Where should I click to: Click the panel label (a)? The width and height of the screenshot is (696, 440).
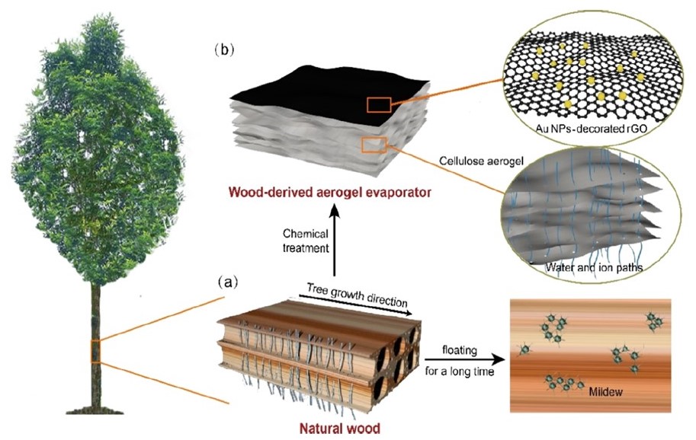228,282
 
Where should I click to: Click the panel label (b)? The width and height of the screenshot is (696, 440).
226,51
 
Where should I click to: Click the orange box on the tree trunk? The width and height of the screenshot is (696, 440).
95,351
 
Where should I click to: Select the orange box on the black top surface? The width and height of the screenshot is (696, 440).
379,105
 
